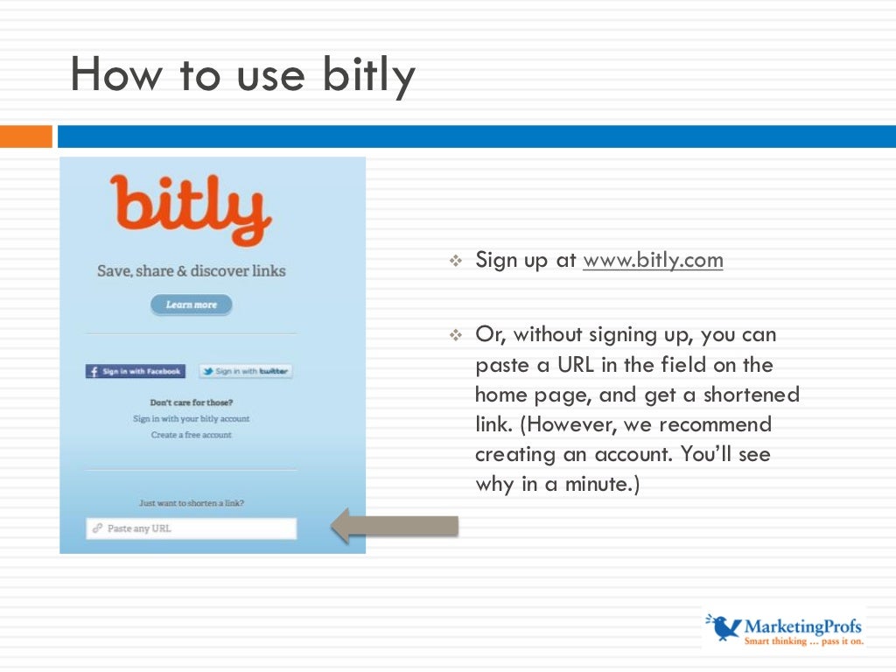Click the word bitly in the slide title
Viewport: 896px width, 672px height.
click(x=368, y=76)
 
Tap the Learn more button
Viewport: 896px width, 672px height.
click(x=191, y=304)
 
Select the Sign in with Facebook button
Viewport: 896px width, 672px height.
click(x=136, y=371)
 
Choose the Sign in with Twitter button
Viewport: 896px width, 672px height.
click(x=246, y=371)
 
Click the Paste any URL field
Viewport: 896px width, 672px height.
click(x=191, y=528)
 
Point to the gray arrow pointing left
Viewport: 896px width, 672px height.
click(x=394, y=526)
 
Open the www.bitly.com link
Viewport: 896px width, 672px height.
click(x=653, y=260)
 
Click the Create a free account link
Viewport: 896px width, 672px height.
click(x=191, y=435)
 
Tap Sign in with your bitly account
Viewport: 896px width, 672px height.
click(x=191, y=419)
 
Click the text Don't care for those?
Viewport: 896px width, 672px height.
click(x=191, y=403)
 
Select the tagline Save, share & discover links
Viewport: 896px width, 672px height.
click(x=191, y=271)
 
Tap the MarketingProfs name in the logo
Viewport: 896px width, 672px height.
click(x=802, y=626)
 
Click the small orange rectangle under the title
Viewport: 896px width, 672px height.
click(x=26, y=136)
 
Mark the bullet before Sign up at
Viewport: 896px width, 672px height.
click(x=454, y=261)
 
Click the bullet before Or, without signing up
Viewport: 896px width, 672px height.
click(x=454, y=335)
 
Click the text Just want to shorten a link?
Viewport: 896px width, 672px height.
click(x=191, y=503)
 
